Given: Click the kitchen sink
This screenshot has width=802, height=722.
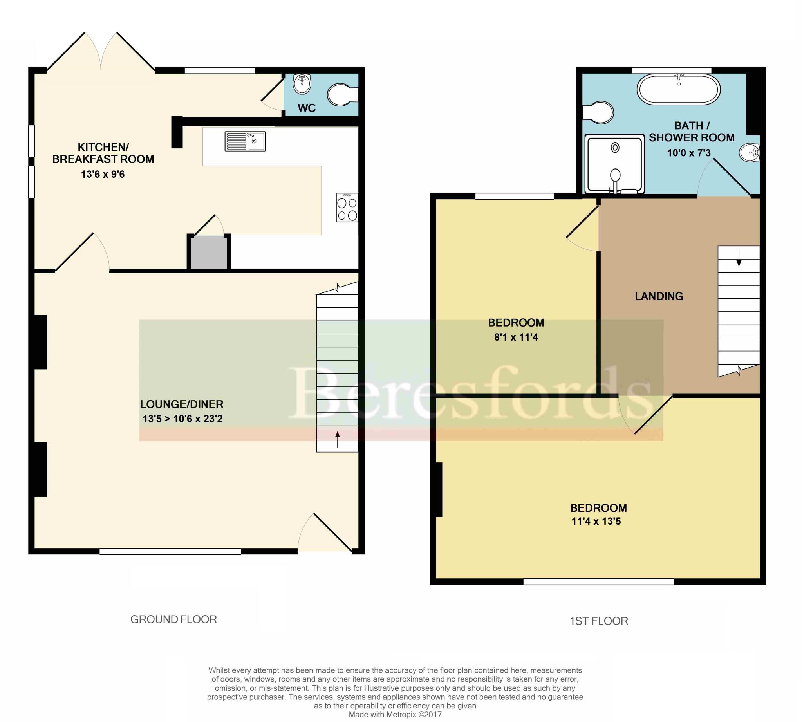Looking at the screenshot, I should (x=245, y=141).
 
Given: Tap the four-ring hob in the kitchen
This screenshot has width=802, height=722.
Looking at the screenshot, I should (x=347, y=208).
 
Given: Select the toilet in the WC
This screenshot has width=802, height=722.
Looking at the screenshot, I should (x=342, y=94).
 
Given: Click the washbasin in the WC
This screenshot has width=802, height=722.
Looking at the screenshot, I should (x=302, y=84).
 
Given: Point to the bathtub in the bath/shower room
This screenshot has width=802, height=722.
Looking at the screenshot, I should (x=678, y=89).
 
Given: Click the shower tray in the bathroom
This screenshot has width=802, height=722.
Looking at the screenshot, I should (x=614, y=164).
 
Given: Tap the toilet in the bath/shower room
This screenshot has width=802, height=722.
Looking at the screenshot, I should (x=598, y=112).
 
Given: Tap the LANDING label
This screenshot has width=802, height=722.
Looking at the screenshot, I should (x=659, y=296).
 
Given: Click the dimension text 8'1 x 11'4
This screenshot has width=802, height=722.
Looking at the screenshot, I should (x=516, y=337).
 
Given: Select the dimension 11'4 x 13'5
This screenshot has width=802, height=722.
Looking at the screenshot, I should (x=596, y=521).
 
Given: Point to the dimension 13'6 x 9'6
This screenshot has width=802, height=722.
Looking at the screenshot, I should (x=103, y=174).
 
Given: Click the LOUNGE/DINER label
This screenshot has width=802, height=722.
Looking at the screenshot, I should (x=182, y=404).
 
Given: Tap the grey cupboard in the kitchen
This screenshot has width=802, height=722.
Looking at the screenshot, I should (x=209, y=252).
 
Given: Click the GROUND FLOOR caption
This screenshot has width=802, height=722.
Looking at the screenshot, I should (x=173, y=619).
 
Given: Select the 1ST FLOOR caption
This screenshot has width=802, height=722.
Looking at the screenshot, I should (x=599, y=621).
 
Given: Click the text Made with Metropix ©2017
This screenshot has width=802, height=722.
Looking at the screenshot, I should (x=395, y=715).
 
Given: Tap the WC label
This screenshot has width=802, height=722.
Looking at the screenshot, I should (x=306, y=108).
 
